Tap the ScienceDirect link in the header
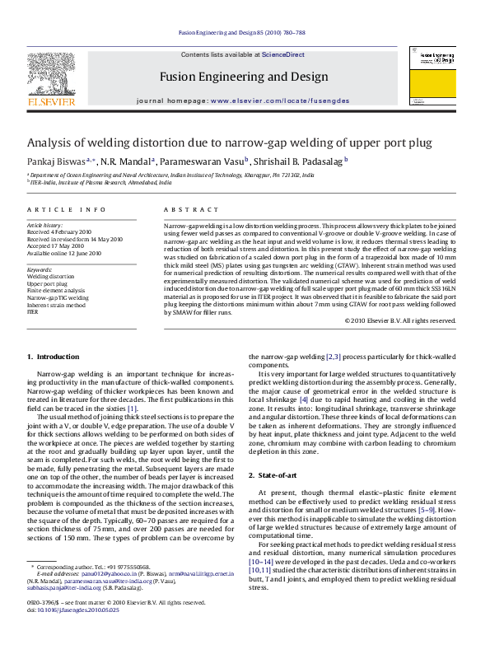tap(282, 54)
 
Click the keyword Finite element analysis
tap(56, 291)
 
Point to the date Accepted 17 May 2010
tap(56, 246)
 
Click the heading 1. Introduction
tap(54, 357)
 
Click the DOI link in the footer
tap(73, 634)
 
